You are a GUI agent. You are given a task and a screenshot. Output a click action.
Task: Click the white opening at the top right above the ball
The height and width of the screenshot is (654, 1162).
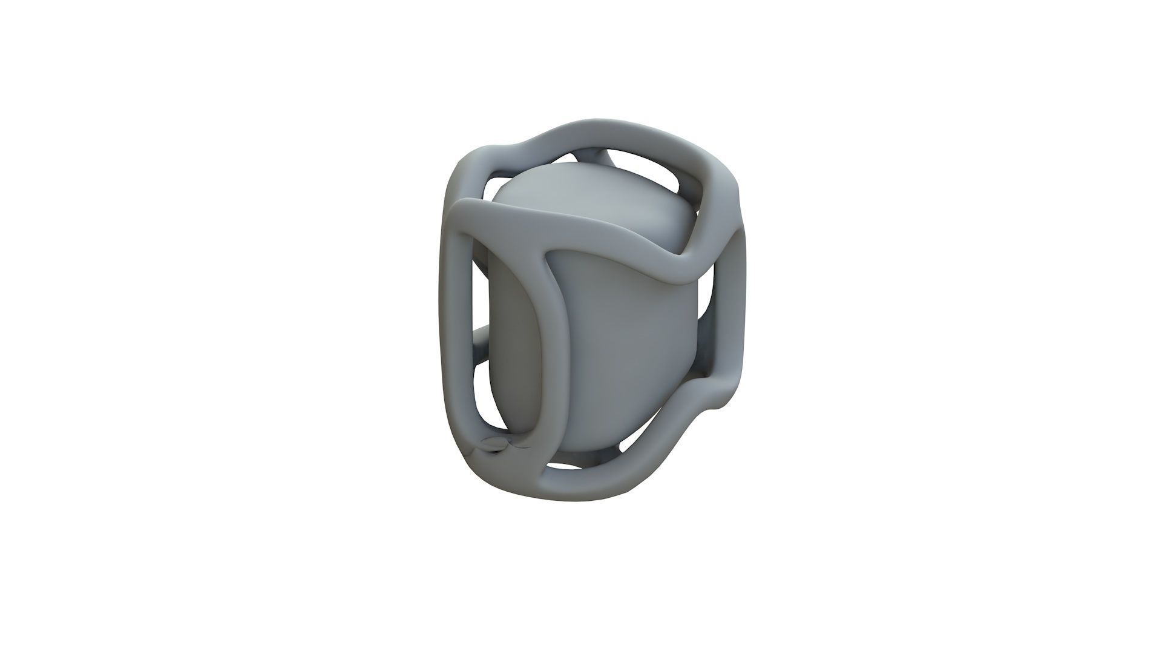[x=690, y=182]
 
